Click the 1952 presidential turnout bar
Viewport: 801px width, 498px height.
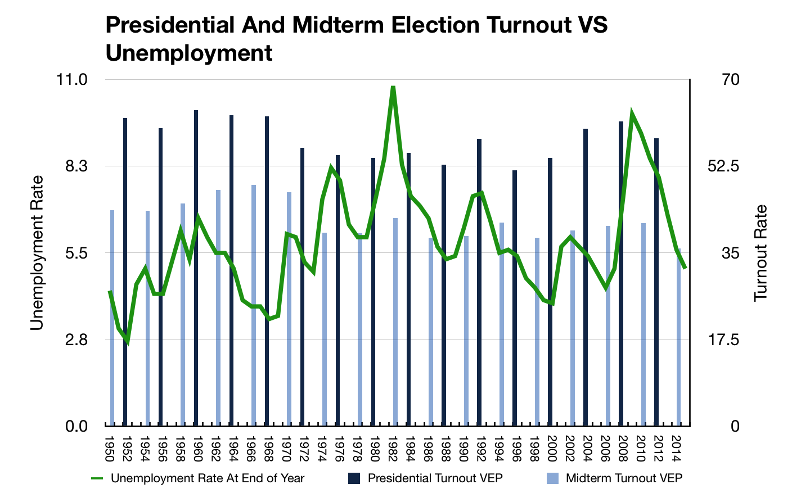125,270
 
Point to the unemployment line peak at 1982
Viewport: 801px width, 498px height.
393,88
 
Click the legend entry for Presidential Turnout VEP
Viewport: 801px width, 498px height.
435,478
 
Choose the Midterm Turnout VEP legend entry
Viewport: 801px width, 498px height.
624,478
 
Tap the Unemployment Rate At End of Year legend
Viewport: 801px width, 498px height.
207,478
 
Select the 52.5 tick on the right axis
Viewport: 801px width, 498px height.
718,166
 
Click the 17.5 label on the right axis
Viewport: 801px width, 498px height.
718,339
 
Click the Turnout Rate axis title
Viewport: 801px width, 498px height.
760,253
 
